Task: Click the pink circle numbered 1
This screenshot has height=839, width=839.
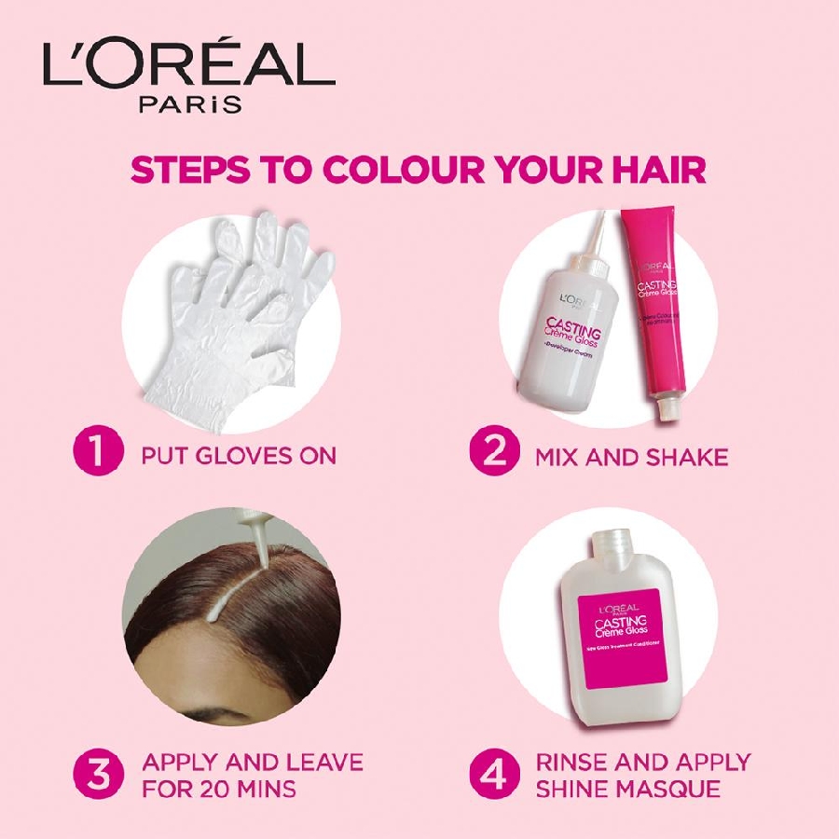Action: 98,454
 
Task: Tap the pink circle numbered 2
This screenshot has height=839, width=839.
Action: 493,454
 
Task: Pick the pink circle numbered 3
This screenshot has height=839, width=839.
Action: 98,775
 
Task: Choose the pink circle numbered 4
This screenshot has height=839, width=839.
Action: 493,775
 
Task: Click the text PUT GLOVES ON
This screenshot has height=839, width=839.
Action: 239,456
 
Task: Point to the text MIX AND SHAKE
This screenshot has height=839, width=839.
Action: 631,456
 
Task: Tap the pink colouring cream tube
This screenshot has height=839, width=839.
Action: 657,308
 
